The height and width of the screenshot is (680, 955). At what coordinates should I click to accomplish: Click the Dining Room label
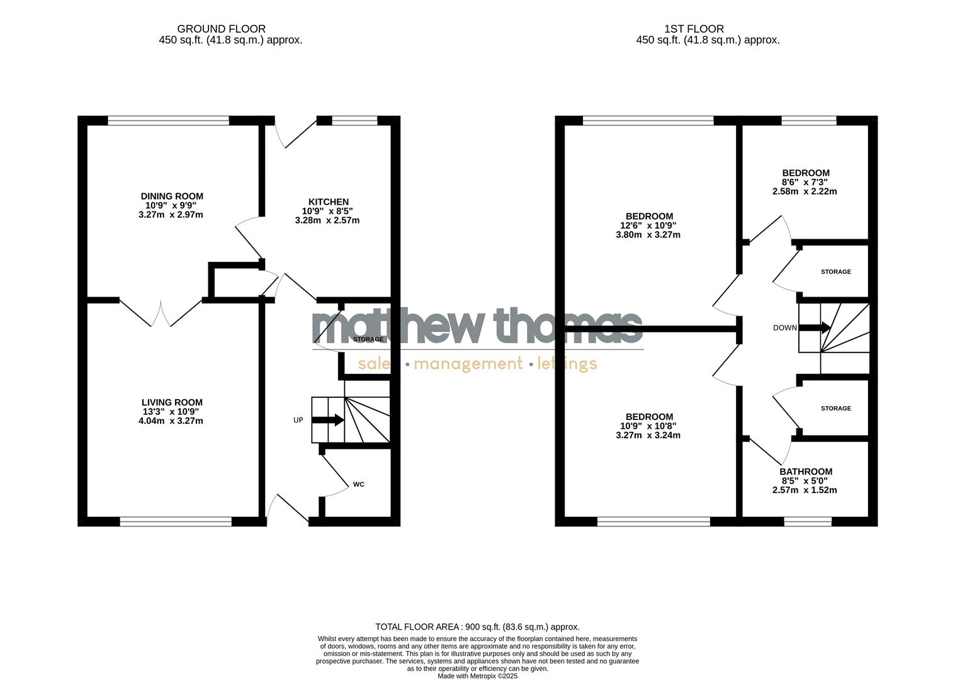(171, 196)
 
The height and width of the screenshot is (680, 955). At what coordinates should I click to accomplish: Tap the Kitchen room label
(325, 202)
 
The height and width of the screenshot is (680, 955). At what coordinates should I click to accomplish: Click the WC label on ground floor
(358, 484)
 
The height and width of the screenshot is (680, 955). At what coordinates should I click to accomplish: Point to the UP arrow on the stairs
(328, 420)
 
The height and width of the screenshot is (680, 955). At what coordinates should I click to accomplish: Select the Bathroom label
(805, 472)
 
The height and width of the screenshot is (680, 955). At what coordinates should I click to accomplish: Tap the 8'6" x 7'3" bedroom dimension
(805, 182)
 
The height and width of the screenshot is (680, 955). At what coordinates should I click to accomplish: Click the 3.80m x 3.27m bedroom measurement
(648, 235)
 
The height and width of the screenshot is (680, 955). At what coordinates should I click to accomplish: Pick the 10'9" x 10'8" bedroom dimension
(648, 426)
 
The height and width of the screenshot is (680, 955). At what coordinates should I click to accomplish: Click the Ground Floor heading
(221, 29)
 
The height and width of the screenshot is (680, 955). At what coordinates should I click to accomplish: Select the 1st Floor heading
(694, 29)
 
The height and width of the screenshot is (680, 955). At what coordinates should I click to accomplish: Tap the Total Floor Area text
(477, 627)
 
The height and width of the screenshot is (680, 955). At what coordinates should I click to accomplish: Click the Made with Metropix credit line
(477, 676)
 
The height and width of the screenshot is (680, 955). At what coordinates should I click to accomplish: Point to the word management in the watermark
(468, 364)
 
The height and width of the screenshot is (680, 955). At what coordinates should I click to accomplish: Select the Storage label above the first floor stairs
(835, 272)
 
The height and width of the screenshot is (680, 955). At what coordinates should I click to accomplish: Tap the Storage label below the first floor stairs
(835, 409)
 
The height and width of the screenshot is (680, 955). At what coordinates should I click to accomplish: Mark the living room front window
(176, 521)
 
